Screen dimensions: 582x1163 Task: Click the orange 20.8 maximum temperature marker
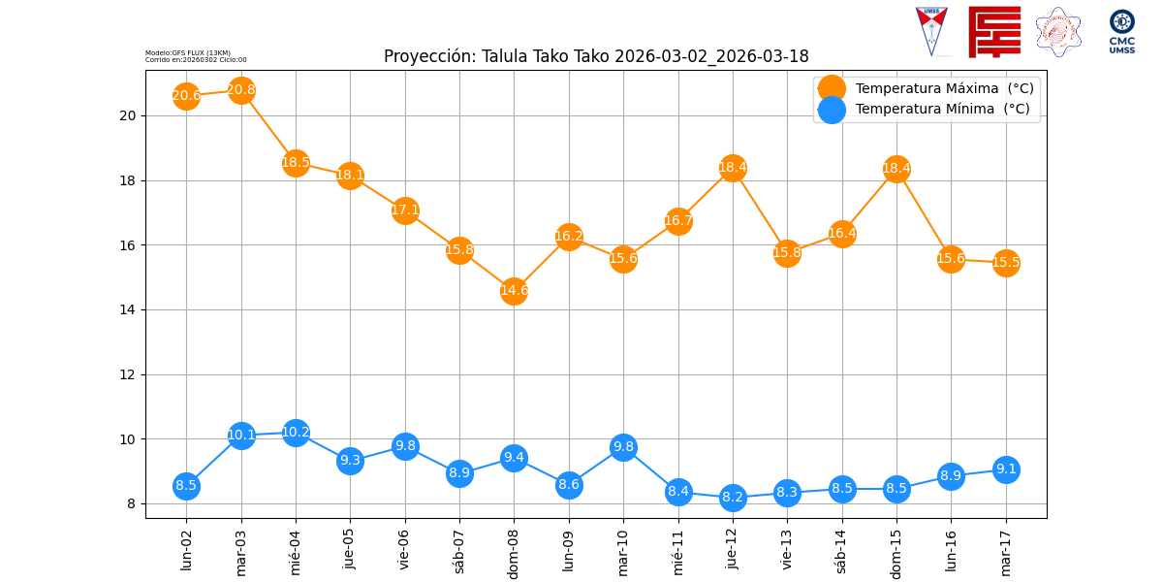[241, 90]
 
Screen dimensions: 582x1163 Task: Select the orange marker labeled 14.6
[514, 290]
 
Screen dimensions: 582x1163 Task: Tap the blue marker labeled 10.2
[296, 433]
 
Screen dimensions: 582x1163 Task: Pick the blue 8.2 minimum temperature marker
[733, 497]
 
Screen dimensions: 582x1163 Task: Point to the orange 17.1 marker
[405, 210]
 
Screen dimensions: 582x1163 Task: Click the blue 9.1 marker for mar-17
[1006, 469]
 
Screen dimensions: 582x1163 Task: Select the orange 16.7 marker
[678, 221]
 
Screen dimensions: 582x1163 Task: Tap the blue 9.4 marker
[514, 458]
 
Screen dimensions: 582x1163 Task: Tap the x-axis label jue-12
[733, 549]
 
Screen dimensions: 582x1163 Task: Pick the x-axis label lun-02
[187, 549]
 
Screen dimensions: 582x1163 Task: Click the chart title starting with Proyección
[596, 56]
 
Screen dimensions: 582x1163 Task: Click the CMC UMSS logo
[1122, 32]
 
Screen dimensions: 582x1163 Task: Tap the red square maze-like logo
[994, 32]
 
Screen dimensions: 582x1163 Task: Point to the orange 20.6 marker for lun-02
[186, 95]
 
